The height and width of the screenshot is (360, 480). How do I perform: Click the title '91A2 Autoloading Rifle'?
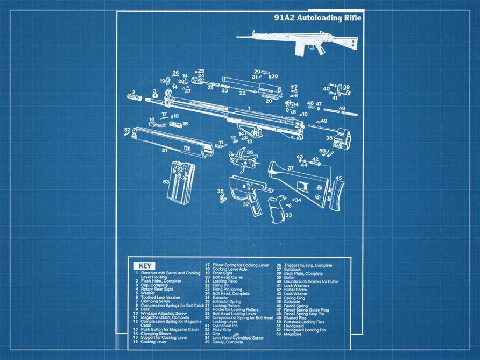tap(317, 18)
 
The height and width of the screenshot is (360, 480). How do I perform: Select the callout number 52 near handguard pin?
tap(128, 130)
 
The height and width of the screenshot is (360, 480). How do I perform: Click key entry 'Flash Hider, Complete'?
tap(161, 281)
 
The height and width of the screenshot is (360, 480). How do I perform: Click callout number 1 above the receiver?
tap(249, 109)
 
